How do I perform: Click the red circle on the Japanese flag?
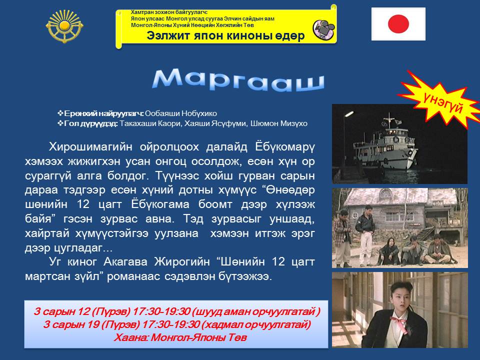(x=398, y=24)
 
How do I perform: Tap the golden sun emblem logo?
(x=64, y=26)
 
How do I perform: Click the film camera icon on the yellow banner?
(x=324, y=29)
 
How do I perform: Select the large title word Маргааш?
(x=238, y=80)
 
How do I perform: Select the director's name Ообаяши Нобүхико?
(x=181, y=113)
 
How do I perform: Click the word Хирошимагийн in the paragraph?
(x=90, y=147)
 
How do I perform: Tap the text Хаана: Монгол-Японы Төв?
(x=180, y=337)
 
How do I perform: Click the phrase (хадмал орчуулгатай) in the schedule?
(x=256, y=324)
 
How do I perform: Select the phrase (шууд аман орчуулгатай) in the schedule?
(x=256, y=311)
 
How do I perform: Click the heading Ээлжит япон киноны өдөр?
(x=225, y=35)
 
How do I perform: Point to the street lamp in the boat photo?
(x=348, y=114)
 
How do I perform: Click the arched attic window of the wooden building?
(x=385, y=193)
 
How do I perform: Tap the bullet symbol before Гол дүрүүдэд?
(x=60, y=123)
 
